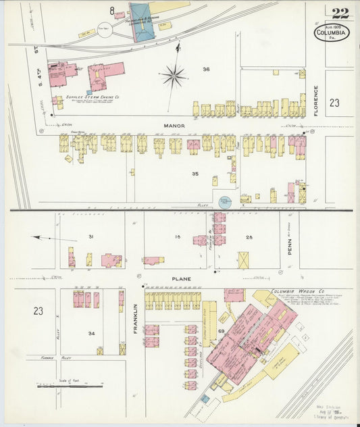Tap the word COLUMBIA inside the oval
coord(331,32)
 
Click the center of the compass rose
coord(174,76)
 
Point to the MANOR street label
coord(174,126)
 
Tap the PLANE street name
coord(180,278)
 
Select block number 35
coord(195,174)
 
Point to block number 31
coord(89,236)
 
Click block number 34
coord(90,333)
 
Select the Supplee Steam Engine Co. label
coord(88,97)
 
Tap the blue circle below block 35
coord(224,201)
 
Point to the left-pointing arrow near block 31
coord(45,238)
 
